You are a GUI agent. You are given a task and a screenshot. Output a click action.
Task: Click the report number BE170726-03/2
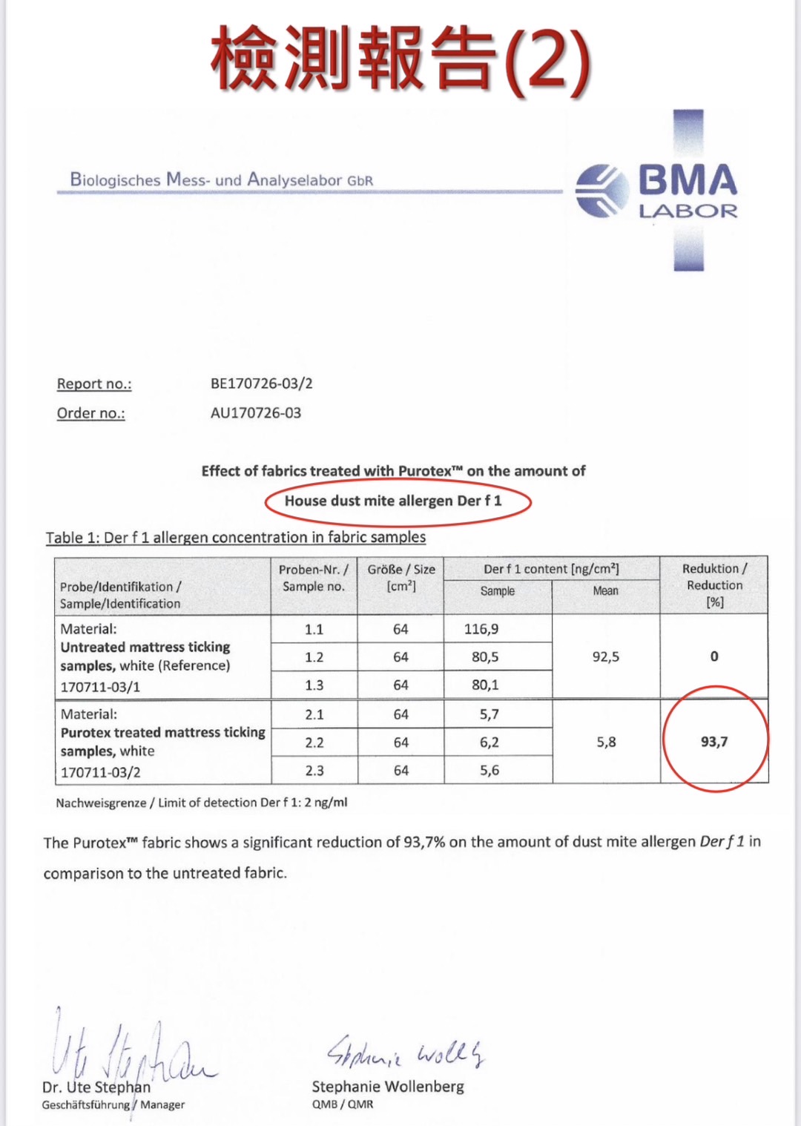tap(261, 383)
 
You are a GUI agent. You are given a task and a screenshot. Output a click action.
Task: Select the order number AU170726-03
tap(256, 413)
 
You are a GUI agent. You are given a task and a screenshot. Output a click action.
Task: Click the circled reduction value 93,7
tap(714, 742)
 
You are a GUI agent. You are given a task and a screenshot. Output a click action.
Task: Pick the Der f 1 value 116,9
tap(481, 629)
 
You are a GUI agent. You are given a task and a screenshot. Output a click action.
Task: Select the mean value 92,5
tap(605, 656)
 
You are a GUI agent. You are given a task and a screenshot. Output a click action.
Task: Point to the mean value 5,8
tap(606, 742)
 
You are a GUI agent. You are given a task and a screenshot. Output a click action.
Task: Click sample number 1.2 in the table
tap(314, 657)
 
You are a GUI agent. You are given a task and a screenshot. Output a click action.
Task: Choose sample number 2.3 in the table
tap(314, 771)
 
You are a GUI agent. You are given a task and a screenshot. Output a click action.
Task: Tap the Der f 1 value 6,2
tap(489, 743)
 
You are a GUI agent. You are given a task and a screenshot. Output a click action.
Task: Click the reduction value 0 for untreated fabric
tap(714, 656)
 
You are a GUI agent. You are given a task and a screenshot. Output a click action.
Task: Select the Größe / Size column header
tap(401, 577)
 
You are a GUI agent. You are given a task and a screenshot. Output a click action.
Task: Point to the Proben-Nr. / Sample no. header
tap(313, 577)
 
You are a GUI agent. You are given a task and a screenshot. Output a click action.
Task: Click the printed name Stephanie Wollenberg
tap(387, 1087)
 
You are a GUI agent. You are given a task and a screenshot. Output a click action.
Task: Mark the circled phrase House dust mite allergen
tap(393, 501)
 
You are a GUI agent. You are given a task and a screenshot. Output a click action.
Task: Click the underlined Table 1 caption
tap(236, 537)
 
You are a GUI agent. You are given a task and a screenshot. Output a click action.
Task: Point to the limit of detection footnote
tap(202, 803)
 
